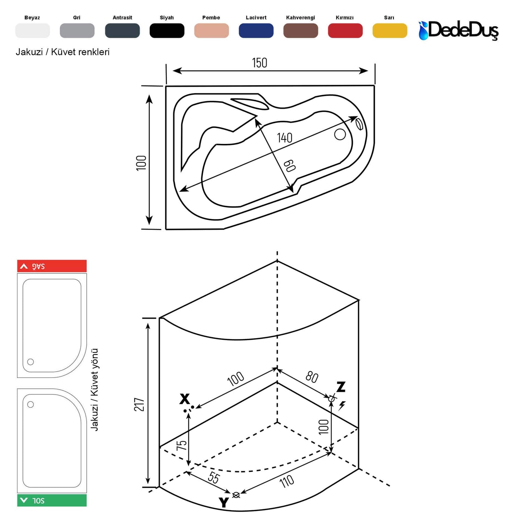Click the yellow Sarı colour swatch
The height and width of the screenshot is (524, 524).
click(x=390, y=30)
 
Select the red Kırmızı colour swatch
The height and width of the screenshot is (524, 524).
click(x=345, y=30)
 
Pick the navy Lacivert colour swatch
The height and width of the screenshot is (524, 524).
click(x=256, y=30)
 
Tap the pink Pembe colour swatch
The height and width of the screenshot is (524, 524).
click(x=211, y=30)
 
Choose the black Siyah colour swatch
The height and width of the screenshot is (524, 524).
click(x=167, y=30)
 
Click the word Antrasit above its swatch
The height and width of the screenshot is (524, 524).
click(x=122, y=18)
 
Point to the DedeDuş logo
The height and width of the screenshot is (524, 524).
click(x=458, y=30)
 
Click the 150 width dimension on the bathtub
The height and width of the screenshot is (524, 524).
click(x=259, y=63)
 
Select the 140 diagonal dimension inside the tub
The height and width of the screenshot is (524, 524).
click(x=284, y=138)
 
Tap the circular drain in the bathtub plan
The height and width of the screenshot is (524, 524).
click(x=340, y=134)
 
